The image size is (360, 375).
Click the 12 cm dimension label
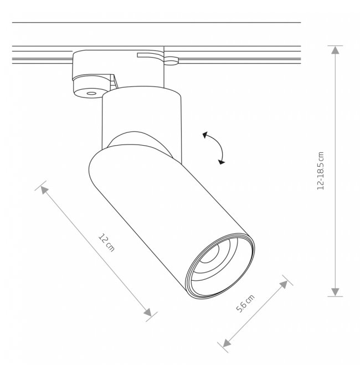pos(107,242)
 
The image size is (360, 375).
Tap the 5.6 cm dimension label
pos(245,303)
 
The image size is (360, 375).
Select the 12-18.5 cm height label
pos(320,171)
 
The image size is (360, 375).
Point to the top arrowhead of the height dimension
pos(335,50)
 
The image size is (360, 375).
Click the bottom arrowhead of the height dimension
pos(335,292)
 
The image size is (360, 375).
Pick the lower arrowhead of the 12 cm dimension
pos(148,312)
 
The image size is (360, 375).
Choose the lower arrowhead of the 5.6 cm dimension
pos(227,343)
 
